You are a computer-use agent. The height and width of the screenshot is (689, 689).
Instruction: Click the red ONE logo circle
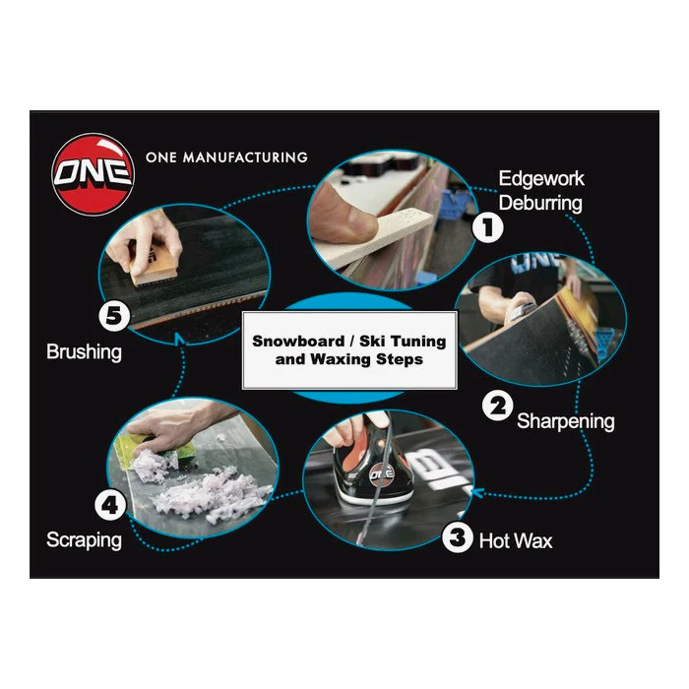93,174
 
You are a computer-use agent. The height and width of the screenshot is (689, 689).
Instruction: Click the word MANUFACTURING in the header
245,157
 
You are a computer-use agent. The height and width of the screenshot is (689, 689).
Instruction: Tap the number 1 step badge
488,227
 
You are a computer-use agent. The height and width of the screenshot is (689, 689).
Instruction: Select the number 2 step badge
497,406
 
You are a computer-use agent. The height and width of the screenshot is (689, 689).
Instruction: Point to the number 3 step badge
458,537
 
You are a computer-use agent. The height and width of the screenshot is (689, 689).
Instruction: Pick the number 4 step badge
110,505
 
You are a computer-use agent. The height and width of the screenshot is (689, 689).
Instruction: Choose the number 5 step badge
114,316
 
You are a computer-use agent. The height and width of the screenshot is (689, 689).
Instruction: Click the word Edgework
541,179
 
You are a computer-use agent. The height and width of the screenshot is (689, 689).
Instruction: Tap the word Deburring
540,203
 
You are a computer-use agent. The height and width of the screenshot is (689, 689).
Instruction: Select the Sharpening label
566,421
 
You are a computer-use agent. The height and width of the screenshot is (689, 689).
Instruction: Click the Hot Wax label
516,541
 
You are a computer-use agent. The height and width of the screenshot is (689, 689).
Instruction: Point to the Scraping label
84,540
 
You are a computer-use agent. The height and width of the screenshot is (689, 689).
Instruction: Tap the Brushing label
84,352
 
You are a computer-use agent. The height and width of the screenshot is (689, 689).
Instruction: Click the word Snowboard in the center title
298,341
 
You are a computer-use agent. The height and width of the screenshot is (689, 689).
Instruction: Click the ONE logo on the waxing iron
382,474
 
